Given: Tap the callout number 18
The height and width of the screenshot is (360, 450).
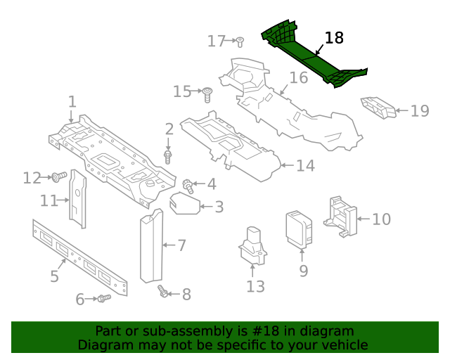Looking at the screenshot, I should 334,38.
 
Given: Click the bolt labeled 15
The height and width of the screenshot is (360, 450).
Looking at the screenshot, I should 207,94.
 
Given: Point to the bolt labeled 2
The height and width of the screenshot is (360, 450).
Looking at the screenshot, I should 168,156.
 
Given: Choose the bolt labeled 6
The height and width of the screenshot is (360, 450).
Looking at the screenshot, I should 104,299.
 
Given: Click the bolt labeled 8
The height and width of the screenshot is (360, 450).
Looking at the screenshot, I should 164,292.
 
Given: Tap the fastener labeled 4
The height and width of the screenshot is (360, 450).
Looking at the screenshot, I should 188,186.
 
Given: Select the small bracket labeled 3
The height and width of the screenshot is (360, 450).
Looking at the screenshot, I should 184,204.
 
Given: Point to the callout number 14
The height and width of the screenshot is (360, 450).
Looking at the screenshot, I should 304,166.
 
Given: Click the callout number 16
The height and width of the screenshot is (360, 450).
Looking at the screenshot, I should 299,77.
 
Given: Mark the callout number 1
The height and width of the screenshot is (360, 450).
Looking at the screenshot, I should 72,103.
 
